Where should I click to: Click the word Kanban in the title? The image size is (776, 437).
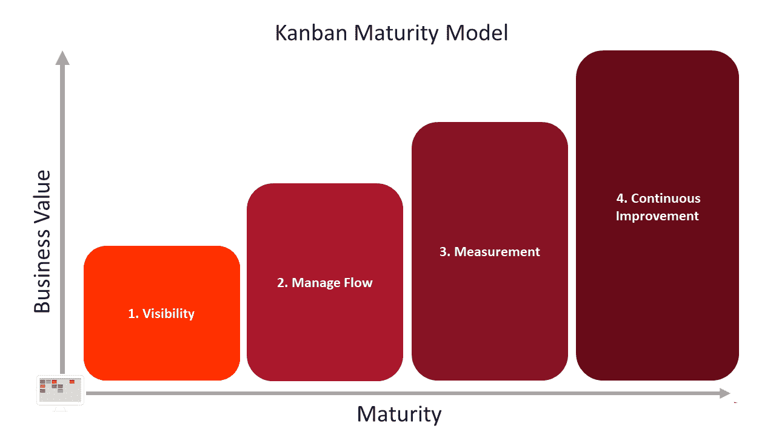click(311, 33)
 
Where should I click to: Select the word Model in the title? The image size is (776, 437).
click(477, 33)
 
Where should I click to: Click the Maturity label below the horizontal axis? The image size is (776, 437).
click(399, 414)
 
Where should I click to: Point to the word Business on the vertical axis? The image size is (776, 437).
click(42, 270)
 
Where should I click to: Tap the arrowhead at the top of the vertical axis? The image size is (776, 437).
click(62, 58)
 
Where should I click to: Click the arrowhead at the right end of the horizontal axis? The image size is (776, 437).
click(724, 393)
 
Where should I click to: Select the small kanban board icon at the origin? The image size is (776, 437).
click(60, 390)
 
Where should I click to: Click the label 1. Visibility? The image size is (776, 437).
click(161, 314)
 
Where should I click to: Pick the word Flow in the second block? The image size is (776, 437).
click(358, 283)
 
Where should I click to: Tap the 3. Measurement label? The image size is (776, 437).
click(489, 252)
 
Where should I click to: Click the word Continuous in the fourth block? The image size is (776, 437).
click(666, 198)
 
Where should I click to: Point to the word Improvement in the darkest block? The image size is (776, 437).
click(657, 216)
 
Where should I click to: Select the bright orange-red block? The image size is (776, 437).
click(162, 313)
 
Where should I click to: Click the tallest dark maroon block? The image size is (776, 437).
click(657, 215)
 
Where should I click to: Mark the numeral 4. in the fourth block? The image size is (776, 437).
click(622, 198)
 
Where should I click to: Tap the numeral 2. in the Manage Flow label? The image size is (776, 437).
click(283, 283)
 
